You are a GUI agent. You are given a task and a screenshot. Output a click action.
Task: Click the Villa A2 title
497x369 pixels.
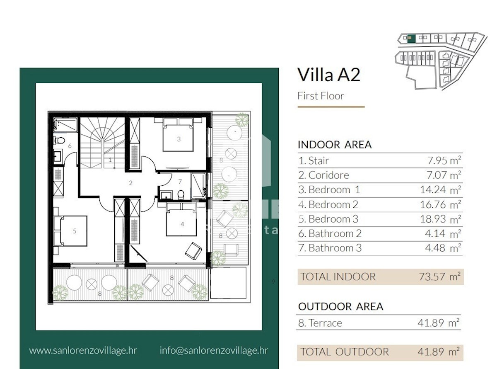pyautogui.click(x=328, y=75)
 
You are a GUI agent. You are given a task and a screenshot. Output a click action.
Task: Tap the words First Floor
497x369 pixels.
pyautogui.click(x=321, y=96)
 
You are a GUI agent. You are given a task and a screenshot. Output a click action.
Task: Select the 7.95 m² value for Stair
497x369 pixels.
pyautogui.click(x=444, y=160)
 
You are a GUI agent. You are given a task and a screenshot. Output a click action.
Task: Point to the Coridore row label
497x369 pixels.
pyautogui.click(x=323, y=175)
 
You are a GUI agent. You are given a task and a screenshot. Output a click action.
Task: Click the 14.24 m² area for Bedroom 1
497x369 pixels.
pyautogui.click(x=441, y=190)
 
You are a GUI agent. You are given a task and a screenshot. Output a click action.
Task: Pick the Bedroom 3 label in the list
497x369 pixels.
pyautogui.click(x=328, y=219)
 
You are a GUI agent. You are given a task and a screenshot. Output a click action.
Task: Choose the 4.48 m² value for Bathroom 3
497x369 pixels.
pyautogui.click(x=443, y=248)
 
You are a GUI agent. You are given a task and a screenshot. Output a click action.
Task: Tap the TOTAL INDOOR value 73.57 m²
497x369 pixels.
pyautogui.click(x=439, y=277)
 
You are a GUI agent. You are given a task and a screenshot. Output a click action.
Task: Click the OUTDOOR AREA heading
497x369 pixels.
pyautogui.click(x=340, y=306)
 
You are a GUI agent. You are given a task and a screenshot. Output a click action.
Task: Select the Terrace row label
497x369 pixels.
pyautogui.click(x=320, y=323)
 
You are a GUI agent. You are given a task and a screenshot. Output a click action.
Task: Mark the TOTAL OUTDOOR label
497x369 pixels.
pyautogui.click(x=345, y=352)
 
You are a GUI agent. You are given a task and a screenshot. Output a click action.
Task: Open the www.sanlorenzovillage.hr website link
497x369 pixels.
pyautogui.click(x=83, y=351)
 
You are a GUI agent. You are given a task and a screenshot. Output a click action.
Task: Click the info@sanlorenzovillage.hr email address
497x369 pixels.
pyautogui.click(x=214, y=350)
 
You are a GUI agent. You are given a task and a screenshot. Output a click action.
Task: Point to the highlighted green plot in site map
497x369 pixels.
pyautogui.click(x=411, y=39)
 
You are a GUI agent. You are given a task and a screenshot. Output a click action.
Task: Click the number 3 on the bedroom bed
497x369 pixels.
pyautogui.click(x=179, y=139)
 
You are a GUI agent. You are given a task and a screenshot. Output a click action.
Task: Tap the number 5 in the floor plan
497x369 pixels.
pyautogui.click(x=75, y=231)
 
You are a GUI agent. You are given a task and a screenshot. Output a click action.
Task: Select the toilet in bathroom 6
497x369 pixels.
pyautogui.click(x=59, y=141)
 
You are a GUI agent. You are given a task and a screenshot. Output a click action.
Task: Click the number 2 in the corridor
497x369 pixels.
pyautogui.click(x=130, y=183)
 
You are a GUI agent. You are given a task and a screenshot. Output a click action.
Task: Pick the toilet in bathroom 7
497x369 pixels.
pyautogui.click(x=181, y=194)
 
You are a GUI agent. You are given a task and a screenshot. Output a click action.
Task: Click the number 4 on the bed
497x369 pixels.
pyautogui.click(x=182, y=224)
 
